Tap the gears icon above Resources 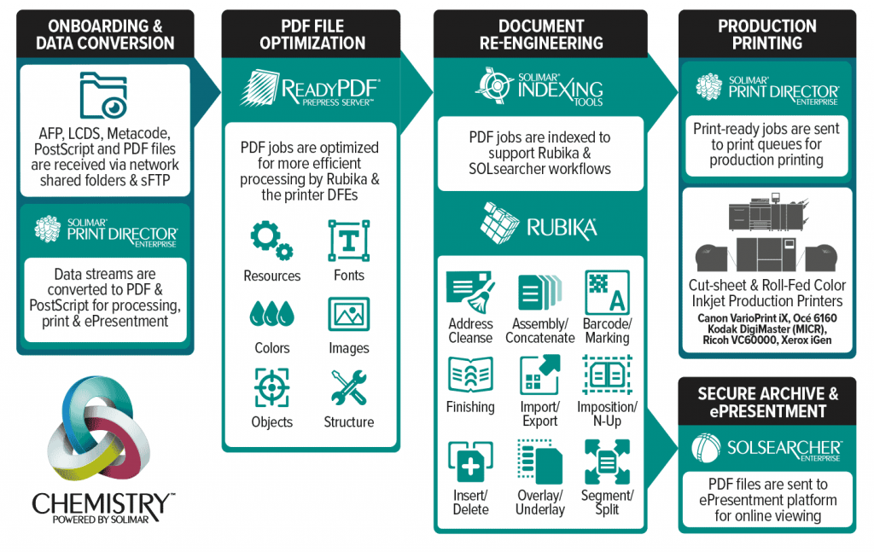pos(271,240)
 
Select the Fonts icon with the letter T pos(348,240)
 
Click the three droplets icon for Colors pos(271,313)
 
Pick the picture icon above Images pos(348,313)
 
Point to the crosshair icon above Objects pos(271,386)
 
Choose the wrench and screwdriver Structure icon pos(348,386)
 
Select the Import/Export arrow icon pos(539,375)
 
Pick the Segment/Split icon pos(607,462)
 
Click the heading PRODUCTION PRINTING pos(766,34)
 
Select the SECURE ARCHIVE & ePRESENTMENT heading pos(766,402)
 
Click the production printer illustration pos(766,238)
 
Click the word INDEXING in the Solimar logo pos(570,89)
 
